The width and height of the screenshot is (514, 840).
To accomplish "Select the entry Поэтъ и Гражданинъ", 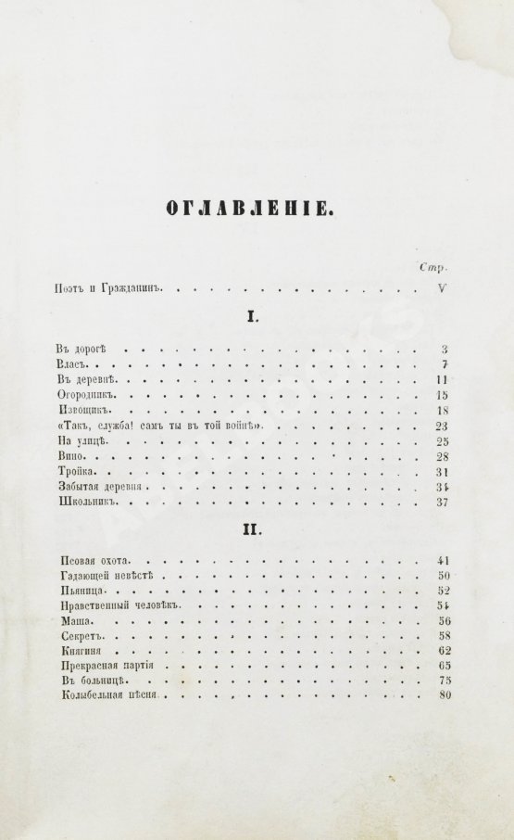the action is click(108, 288).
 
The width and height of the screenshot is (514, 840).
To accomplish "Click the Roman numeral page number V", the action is click(442, 288).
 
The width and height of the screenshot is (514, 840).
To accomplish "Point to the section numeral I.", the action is click(249, 319).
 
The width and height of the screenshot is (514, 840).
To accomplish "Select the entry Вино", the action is click(69, 456).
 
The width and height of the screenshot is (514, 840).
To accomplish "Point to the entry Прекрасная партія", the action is click(100, 666).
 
